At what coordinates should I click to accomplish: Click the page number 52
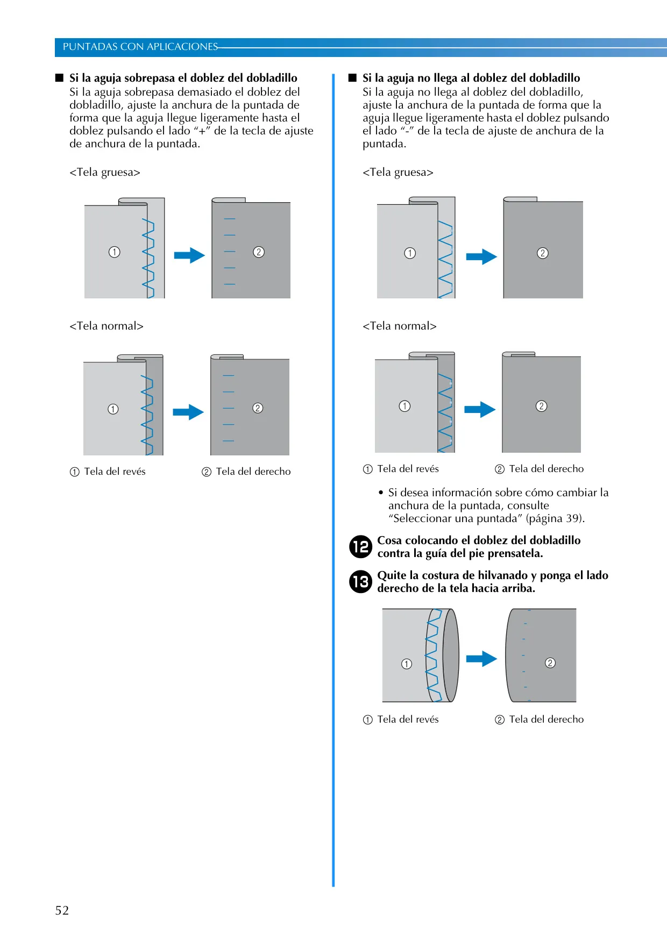(62, 910)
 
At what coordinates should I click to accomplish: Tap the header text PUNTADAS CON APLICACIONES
(140, 47)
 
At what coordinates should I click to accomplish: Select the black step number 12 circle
(360, 547)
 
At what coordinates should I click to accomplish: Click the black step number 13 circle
(360, 582)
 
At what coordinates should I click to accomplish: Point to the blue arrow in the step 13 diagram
(481, 659)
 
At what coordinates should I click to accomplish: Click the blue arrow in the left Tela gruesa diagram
(189, 255)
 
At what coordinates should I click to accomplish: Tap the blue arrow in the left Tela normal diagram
(188, 412)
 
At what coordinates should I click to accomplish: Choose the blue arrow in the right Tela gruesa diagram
(481, 257)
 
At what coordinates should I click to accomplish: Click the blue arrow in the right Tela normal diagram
(480, 410)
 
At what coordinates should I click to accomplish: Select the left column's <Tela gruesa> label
(105, 172)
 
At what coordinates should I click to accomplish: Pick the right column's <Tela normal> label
(400, 326)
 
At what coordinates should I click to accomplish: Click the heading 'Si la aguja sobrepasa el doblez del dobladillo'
(183, 78)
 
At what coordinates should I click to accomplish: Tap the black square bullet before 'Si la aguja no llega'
(353, 77)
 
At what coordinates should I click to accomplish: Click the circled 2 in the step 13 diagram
(550, 663)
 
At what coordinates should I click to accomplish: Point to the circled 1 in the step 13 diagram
(407, 664)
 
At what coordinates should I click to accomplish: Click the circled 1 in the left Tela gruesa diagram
(115, 252)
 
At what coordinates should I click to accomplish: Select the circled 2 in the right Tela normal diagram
(542, 406)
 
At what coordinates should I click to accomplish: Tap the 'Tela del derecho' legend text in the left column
(253, 472)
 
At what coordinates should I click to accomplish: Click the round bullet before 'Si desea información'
(381, 493)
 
